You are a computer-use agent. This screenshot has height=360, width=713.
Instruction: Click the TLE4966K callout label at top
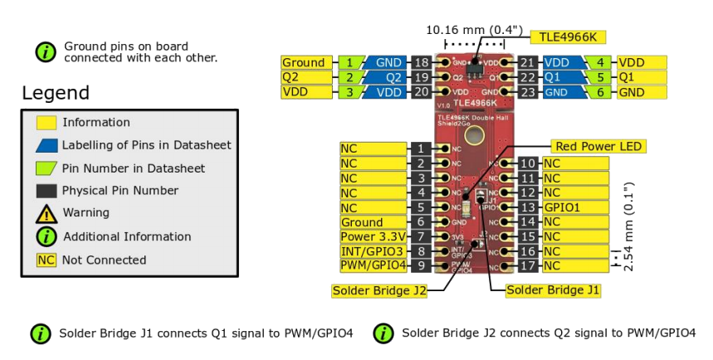pyautogui.click(x=569, y=36)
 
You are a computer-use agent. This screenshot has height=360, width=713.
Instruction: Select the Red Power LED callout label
pyautogui.click(x=598, y=147)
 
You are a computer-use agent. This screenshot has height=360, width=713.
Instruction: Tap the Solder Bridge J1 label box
pyautogui.click(x=553, y=290)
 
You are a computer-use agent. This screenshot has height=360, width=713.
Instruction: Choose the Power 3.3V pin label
pyautogui.click(x=374, y=237)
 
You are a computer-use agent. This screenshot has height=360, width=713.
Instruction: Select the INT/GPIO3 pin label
pyautogui.click(x=374, y=251)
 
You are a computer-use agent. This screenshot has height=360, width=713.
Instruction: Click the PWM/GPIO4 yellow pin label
pyautogui.click(x=374, y=265)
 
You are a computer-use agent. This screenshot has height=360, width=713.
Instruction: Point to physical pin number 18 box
pyautogui.click(x=421, y=63)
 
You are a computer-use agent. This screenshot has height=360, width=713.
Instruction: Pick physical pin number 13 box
pyautogui.click(x=529, y=207)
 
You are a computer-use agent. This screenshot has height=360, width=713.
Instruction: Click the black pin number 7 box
pyautogui.click(x=421, y=237)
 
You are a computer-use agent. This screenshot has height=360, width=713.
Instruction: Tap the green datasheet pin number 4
pyautogui.click(x=599, y=63)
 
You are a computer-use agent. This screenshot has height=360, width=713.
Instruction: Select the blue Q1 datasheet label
pyautogui.click(x=557, y=77)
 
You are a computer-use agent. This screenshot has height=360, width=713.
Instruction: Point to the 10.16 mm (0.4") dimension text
pyautogui.click(x=474, y=31)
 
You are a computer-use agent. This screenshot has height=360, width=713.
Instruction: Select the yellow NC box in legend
pyautogui.click(x=46, y=260)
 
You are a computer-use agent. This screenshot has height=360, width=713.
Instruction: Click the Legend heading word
pyautogui.click(x=56, y=93)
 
